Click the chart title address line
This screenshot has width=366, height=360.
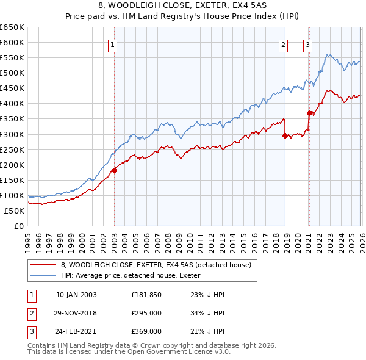[183, 6]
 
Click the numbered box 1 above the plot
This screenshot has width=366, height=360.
[113, 44]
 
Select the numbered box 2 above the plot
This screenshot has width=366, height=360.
[284, 44]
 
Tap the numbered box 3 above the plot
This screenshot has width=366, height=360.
[307, 44]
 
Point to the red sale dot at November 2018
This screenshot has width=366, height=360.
[285, 135]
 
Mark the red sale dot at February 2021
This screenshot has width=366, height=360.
[309, 113]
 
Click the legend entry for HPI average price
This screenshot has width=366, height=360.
[134, 275]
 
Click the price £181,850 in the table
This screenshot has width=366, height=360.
[146, 295]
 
